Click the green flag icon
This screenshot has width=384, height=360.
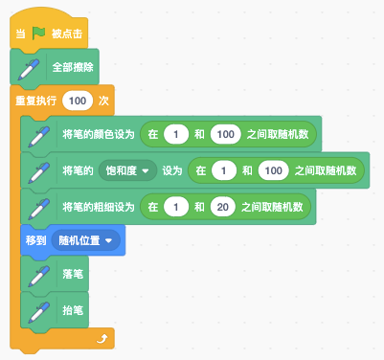tap(38, 34)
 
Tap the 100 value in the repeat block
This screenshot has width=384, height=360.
tap(78, 101)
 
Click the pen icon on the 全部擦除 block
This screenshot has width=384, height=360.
tap(29, 69)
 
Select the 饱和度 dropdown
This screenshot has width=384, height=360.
tap(127, 170)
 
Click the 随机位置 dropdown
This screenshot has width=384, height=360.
tap(85, 240)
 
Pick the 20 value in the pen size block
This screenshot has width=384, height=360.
tap(223, 207)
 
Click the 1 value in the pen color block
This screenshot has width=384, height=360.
tap(176, 134)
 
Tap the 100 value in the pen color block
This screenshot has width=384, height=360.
tap(226, 134)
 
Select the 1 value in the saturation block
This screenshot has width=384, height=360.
tap(224, 170)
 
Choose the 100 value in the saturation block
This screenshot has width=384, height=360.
tap(274, 170)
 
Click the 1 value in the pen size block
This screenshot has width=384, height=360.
tap(176, 207)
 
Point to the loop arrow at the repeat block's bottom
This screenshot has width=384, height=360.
tap(102, 338)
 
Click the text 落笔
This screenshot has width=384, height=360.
tap(73, 274)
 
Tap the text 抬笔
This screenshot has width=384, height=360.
tap(73, 310)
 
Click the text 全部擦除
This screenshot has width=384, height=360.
tap(73, 67)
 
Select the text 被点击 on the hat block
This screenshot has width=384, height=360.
tap(67, 34)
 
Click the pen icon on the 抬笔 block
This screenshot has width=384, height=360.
tap(39, 312)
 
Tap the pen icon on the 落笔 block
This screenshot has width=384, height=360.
tap(39, 276)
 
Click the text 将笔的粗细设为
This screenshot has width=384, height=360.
tap(99, 207)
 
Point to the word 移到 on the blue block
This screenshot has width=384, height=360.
tap(35, 240)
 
